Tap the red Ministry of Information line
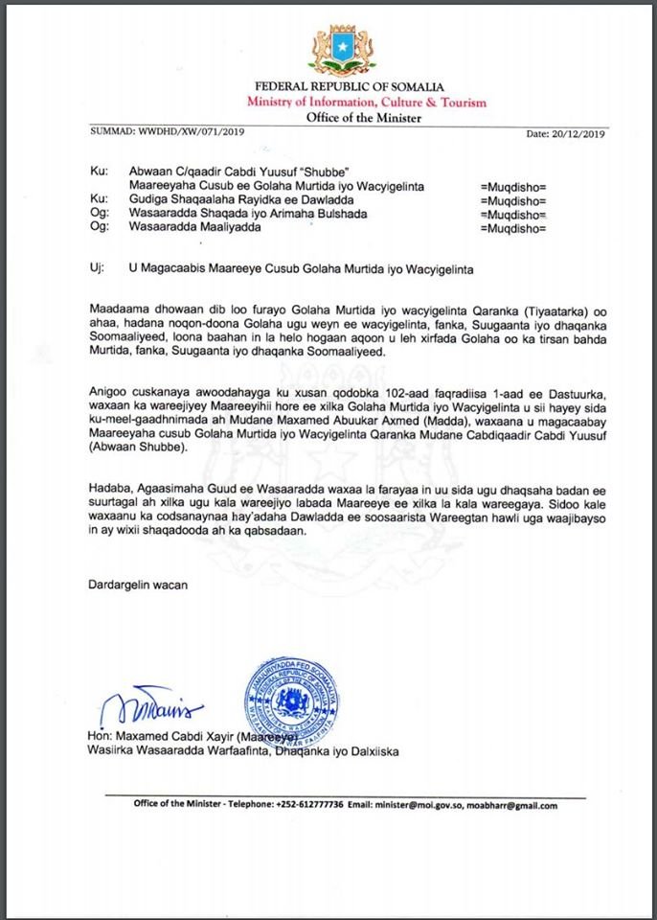365,103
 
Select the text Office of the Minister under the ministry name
365,118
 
